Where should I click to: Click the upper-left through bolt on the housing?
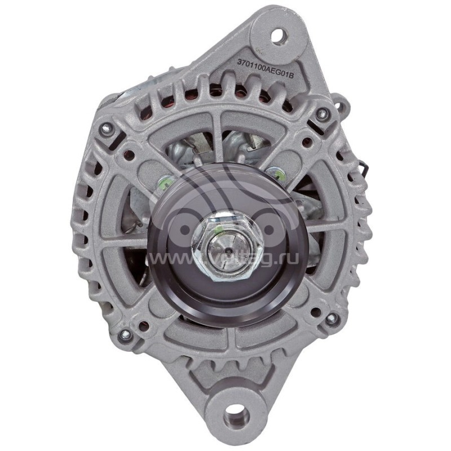[104, 129]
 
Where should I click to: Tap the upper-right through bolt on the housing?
[322, 114]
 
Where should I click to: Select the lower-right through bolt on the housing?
[331, 319]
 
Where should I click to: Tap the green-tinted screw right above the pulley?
[275, 172]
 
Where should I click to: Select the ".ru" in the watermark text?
[288, 258]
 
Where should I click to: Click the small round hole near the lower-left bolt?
[143, 326]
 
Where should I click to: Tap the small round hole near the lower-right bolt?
[316, 311]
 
